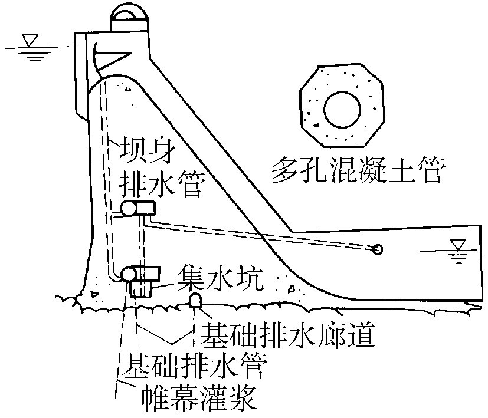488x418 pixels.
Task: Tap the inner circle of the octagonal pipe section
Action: click(340, 107)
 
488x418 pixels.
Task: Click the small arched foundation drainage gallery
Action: click(195, 300)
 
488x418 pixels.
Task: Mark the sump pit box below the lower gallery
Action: click(141, 288)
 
